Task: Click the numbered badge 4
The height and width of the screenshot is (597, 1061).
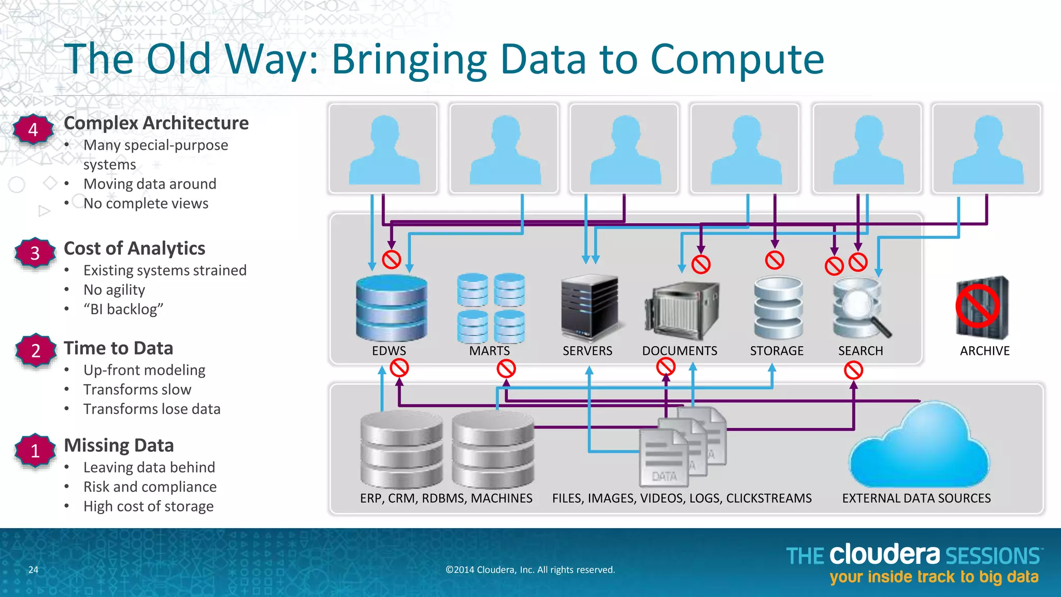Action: (x=33, y=130)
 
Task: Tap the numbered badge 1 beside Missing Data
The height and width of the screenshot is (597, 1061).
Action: (x=35, y=450)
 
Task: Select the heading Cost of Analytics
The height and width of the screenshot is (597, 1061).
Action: (x=134, y=248)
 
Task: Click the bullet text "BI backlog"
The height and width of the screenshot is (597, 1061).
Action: (x=123, y=309)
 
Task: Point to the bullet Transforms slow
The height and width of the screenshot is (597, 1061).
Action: (x=137, y=390)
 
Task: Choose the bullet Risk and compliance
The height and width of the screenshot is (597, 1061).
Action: (x=150, y=487)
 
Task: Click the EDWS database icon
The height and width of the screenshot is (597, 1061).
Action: (x=391, y=308)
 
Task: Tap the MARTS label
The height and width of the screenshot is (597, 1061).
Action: (x=489, y=351)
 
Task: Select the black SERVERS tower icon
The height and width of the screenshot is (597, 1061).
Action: (x=590, y=307)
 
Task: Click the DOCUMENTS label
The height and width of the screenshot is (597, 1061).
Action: (x=679, y=351)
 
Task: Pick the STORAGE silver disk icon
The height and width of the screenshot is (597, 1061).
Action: (x=778, y=307)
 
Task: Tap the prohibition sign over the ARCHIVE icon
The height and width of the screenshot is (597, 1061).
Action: (x=978, y=307)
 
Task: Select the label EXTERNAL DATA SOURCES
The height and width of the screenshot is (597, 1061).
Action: (x=916, y=499)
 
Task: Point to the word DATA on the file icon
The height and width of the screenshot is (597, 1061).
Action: (x=664, y=476)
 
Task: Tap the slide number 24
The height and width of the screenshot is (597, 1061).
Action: (x=33, y=570)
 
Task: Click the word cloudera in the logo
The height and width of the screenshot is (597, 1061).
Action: (x=884, y=555)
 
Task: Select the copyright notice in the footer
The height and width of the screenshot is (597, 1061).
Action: (x=530, y=570)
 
